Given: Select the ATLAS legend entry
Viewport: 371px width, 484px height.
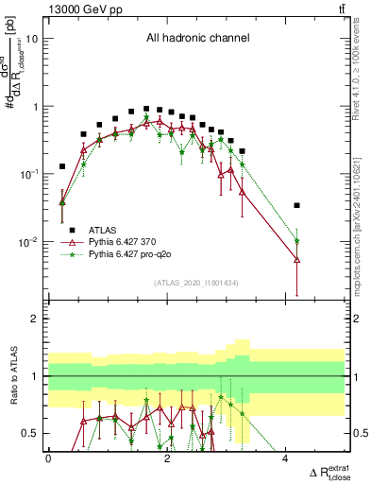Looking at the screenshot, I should tap(116, 229).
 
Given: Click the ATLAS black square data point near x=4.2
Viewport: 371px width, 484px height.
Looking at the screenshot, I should tap(296, 205).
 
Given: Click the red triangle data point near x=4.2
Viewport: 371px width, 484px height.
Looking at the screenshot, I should tap(296, 259).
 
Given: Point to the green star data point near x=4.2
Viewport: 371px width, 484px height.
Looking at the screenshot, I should tap(296, 241).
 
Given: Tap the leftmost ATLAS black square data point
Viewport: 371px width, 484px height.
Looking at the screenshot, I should tap(62, 166).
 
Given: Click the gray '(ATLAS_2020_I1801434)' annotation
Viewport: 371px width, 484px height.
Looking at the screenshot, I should tap(195, 283).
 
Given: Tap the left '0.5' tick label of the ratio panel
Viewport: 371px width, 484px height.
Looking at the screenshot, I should tap(31, 434).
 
